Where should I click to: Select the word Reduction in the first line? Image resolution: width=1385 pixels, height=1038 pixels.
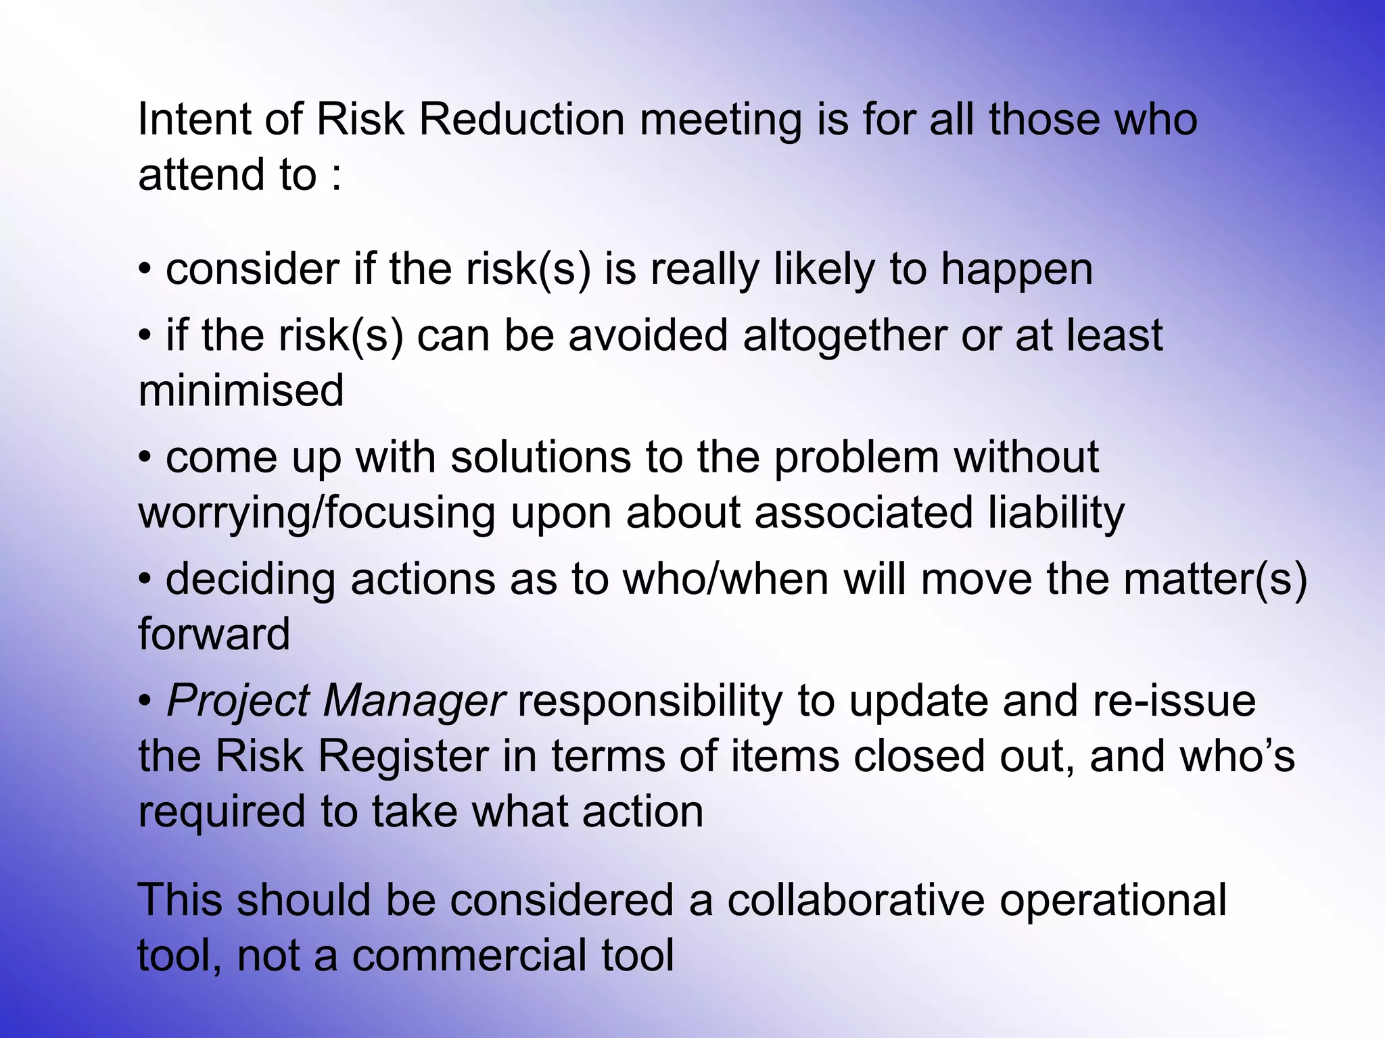click(x=521, y=120)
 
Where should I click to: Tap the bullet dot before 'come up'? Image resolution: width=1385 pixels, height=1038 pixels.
click(x=145, y=458)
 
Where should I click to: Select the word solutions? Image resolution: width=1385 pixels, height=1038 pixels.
click(x=540, y=458)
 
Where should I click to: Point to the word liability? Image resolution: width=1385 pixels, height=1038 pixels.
click(x=1056, y=512)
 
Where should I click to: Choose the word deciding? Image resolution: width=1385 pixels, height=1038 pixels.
click(x=250, y=580)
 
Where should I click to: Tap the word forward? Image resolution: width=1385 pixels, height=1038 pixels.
click(x=214, y=635)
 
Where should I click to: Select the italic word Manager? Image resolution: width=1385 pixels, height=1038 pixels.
click(x=413, y=701)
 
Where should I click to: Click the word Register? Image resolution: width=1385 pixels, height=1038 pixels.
click(x=403, y=756)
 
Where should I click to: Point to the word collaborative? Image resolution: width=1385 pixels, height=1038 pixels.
click(x=855, y=901)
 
